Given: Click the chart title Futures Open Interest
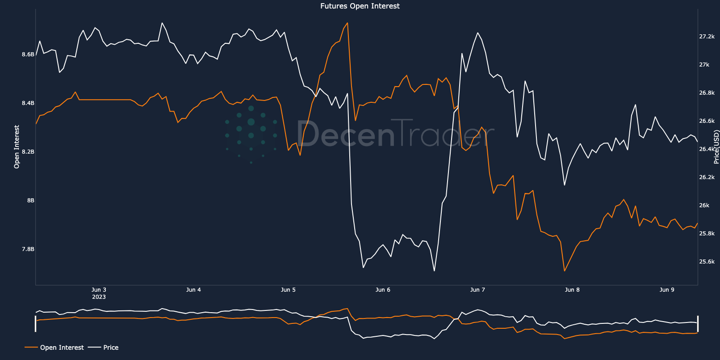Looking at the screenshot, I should pos(360,6).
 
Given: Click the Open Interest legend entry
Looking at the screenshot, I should pos(62,347).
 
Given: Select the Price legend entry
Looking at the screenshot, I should pos(111,347).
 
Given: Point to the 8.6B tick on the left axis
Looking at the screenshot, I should pos(28,54).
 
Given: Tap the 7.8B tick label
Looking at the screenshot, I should pos(28,249).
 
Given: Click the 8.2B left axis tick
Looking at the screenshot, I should pos(28,152).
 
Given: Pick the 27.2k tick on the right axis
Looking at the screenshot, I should pos(707,37).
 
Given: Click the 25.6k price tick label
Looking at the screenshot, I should pos(707,262).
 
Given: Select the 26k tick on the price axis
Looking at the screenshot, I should pos(704,205).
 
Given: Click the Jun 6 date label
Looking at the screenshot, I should pos(383,290).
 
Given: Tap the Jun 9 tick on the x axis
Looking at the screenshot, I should pos(667,290).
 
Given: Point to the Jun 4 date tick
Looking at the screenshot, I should pos(193,290).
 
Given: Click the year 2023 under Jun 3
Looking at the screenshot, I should pos(99,297).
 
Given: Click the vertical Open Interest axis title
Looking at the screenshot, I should pos(17,147).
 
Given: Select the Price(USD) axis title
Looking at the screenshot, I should pos(716,147).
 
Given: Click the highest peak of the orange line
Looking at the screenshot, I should pos(347,23).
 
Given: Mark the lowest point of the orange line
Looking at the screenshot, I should pos(565,271).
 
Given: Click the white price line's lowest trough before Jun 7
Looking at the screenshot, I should pos(434,271).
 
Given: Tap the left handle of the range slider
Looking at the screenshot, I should pos(36,323).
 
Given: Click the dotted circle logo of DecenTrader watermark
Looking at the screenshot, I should pos(251,134).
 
